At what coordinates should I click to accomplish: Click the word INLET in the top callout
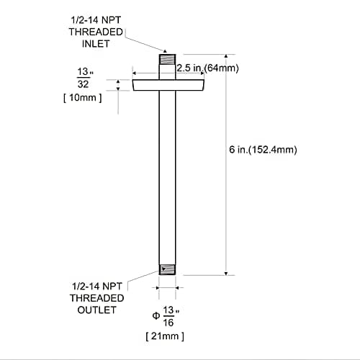tap(96, 44)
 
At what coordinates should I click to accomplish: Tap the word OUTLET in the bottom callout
tap(96, 310)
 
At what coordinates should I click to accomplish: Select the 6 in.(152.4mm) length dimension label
tap(263, 150)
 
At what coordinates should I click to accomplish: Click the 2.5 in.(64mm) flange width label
tap(208, 68)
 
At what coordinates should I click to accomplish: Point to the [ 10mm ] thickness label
tap(83, 98)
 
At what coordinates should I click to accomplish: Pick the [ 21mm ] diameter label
tap(165, 336)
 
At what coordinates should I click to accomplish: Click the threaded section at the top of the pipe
tap(167, 59)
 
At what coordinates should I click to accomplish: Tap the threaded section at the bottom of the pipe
tap(167, 269)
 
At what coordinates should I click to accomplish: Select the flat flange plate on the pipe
tap(168, 85)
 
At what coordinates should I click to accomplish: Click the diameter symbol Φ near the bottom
tap(156, 315)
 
